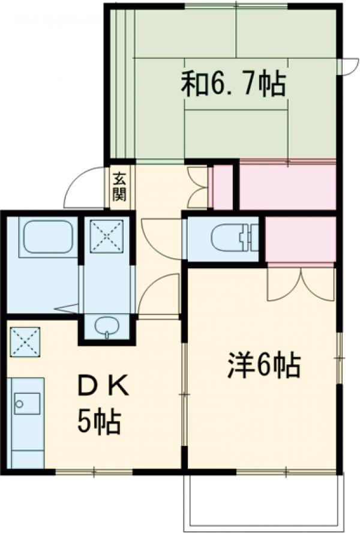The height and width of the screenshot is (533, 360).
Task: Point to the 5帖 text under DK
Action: click(x=99, y=423)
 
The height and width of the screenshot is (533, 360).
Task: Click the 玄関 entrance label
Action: click(x=119, y=187)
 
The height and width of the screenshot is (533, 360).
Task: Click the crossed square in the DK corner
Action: click(x=25, y=342)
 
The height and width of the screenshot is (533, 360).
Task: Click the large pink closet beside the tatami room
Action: click(x=287, y=185)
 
